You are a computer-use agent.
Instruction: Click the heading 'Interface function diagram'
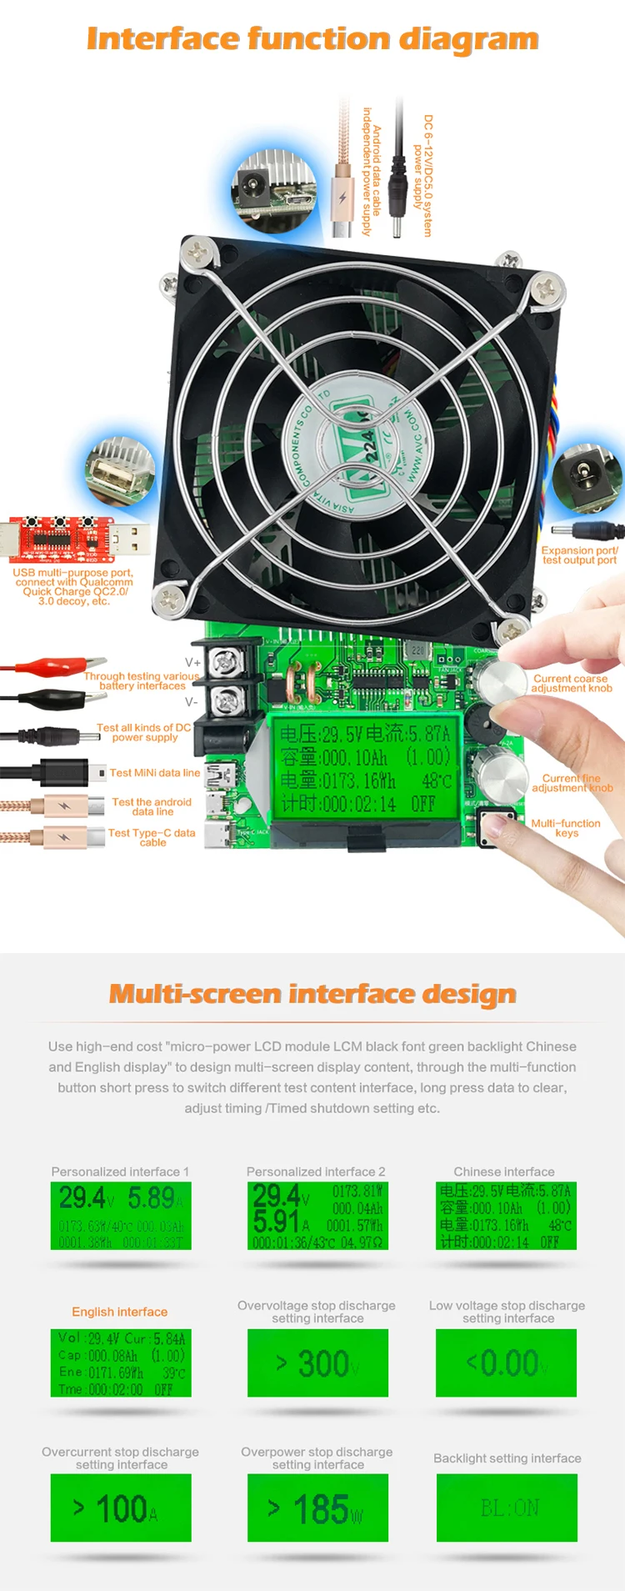click(312, 38)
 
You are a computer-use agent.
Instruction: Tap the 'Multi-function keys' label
click(566, 827)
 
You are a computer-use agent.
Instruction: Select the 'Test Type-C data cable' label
click(152, 837)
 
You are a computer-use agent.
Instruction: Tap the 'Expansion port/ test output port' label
click(579, 555)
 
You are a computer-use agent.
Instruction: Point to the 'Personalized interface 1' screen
click(121, 1215)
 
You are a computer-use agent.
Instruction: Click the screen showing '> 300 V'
click(317, 1363)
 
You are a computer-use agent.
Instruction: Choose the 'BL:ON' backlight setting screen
click(507, 1507)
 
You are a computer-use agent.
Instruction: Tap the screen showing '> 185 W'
click(317, 1507)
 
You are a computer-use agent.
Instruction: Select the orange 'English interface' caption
click(119, 1312)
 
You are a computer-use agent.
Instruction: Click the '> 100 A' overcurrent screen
click(121, 1507)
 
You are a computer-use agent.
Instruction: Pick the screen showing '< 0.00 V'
click(507, 1363)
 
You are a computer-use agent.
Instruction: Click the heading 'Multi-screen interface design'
click(312, 994)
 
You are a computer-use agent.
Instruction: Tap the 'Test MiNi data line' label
click(155, 773)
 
